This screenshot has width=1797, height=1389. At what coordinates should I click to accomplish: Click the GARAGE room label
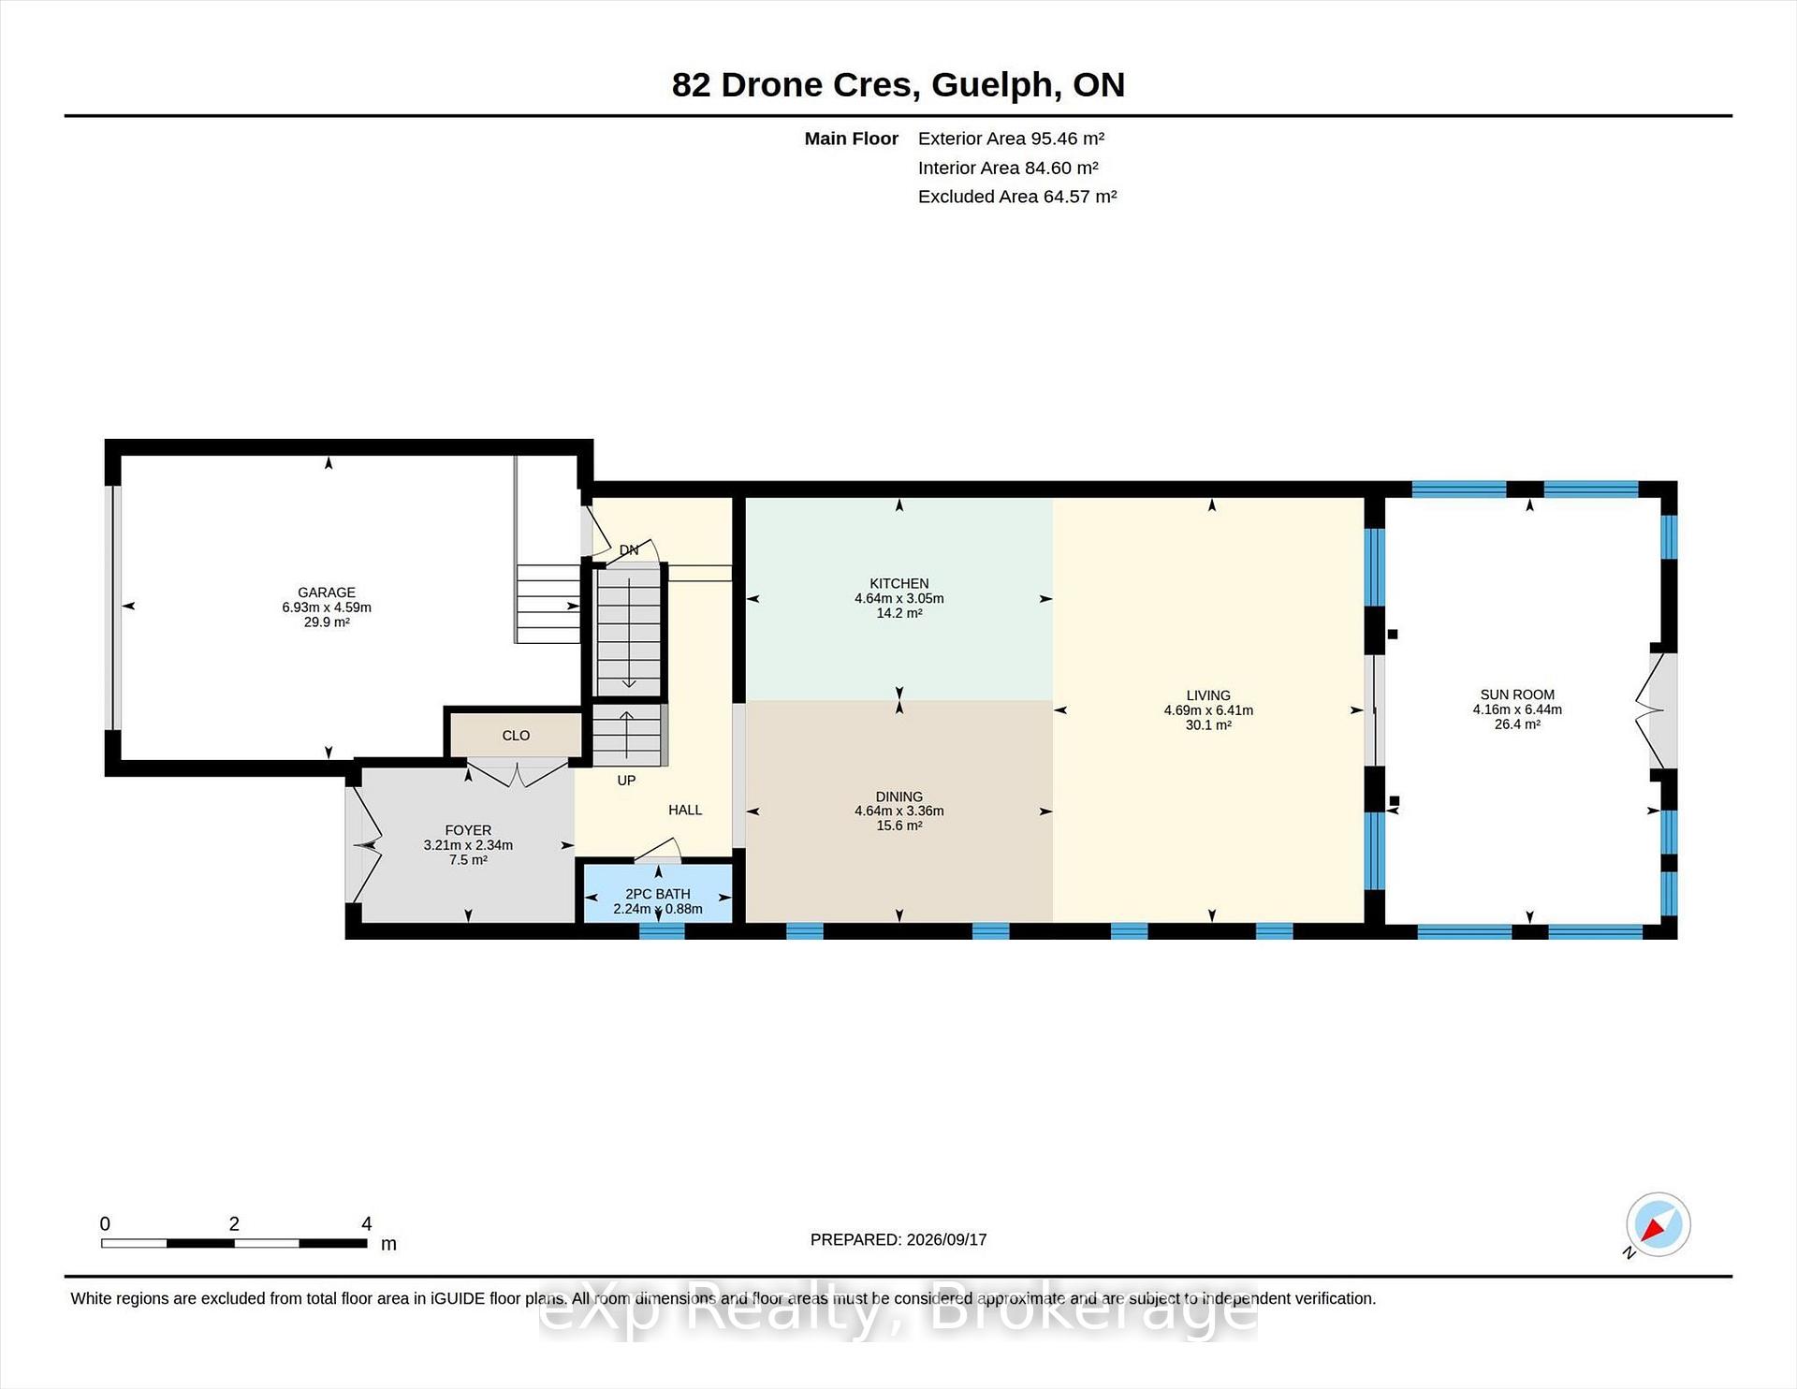(x=327, y=592)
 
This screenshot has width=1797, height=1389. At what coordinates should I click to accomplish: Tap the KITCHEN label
(x=898, y=583)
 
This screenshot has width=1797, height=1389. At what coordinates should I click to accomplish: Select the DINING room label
(x=898, y=797)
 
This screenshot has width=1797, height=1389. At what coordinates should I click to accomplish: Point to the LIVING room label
(x=1208, y=695)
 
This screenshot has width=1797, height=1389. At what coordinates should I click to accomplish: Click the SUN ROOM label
(x=1517, y=694)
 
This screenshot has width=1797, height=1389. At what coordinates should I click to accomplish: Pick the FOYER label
(x=468, y=830)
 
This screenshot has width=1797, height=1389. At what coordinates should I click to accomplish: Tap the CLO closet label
(x=516, y=736)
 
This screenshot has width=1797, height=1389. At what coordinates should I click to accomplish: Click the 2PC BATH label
(x=658, y=894)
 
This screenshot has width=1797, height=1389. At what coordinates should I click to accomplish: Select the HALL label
(x=685, y=810)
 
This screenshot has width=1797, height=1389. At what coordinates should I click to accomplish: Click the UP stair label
(x=626, y=780)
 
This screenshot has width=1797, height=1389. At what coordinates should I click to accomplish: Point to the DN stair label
(x=629, y=550)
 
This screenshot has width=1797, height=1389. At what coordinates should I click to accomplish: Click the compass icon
(x=1658, y=1224)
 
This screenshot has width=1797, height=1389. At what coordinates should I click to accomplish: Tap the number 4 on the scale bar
(x=367, y=1223)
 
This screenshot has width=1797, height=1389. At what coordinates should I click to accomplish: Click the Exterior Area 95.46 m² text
(x=1011, y=139)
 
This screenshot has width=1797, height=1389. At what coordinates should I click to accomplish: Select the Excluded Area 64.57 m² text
(x=1017, y=197)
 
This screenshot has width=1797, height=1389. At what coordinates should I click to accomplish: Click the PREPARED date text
(x=898, y=1239)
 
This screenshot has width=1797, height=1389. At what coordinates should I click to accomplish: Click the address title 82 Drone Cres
(x=792, y=84)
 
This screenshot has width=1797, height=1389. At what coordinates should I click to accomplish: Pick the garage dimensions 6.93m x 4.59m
(x=327, y=607)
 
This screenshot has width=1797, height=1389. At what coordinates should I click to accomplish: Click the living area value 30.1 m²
(x=1208, y=724)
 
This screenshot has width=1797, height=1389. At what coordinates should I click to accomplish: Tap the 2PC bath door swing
(x=658, y=850)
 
